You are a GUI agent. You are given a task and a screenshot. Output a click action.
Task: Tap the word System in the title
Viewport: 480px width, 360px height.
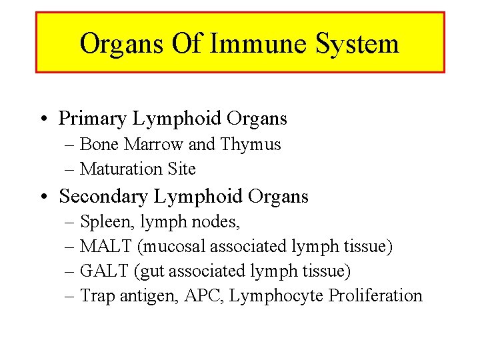point(357,44)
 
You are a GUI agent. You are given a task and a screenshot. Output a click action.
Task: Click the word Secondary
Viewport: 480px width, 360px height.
point(104,196)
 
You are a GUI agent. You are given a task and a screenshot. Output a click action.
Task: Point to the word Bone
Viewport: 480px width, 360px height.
point(97,144)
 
